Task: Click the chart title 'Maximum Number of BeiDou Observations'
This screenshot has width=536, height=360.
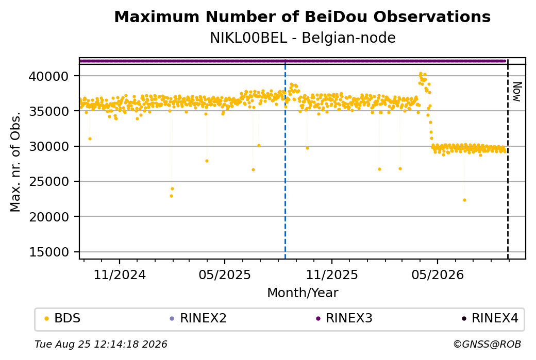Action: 302,17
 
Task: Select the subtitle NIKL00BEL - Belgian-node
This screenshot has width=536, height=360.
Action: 303,38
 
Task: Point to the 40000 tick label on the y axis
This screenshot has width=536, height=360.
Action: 49,76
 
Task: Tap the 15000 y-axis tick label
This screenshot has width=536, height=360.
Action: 49,252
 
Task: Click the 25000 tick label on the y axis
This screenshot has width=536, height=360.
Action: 49,182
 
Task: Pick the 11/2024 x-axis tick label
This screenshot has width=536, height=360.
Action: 120,275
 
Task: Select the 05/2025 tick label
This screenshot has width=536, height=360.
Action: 225,275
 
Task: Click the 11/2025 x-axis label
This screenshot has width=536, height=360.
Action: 331,275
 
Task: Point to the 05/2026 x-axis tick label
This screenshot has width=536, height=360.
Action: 438,275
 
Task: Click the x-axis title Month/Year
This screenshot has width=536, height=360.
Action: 303,293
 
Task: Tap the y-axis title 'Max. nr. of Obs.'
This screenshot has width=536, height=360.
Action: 15,162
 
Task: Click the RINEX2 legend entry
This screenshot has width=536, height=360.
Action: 198,318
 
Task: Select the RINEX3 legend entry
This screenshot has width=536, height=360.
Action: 344,318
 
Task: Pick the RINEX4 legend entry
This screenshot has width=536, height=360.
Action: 490,318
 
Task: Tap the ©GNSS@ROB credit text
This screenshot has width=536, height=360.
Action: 487,344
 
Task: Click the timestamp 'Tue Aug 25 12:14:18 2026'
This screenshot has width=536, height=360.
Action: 101,344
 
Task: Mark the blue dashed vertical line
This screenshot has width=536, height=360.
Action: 285,159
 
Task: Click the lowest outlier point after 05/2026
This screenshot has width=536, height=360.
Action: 464,200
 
